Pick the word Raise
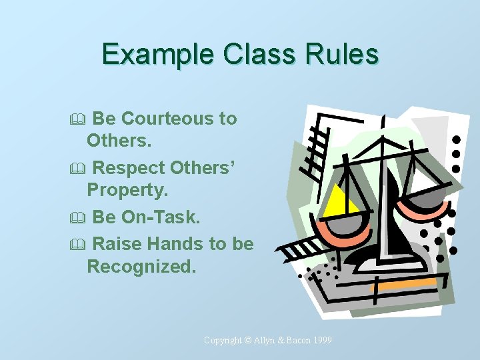point(117,244)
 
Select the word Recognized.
point(142,267)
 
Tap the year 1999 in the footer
point(321,340)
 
